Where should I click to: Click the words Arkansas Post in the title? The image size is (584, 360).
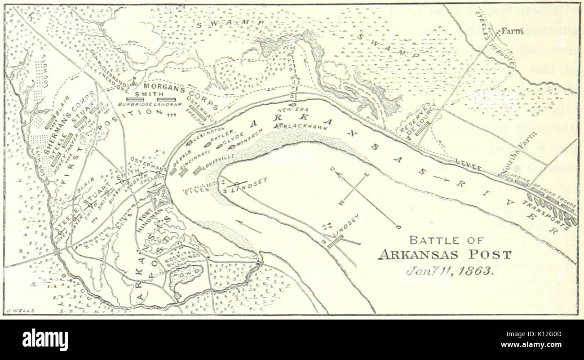pos(444,255)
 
